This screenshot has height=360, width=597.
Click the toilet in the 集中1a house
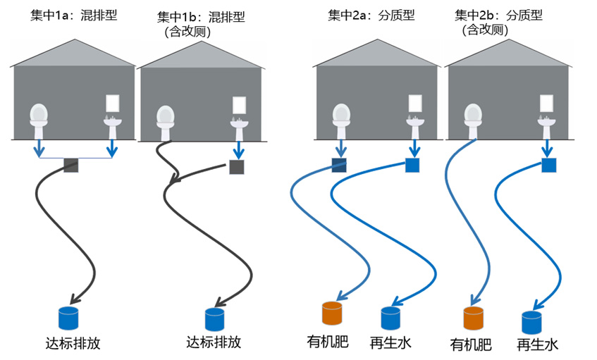39,120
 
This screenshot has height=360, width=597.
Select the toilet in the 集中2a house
341,120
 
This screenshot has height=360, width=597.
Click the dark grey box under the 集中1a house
71,166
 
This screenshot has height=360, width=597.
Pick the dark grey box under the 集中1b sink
237,168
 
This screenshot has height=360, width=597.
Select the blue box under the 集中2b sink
549,166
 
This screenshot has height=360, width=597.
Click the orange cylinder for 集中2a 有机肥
331,314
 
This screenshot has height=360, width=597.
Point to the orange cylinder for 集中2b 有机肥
472,318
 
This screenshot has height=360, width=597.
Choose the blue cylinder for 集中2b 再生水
531,322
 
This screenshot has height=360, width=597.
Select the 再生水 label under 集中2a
390,343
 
